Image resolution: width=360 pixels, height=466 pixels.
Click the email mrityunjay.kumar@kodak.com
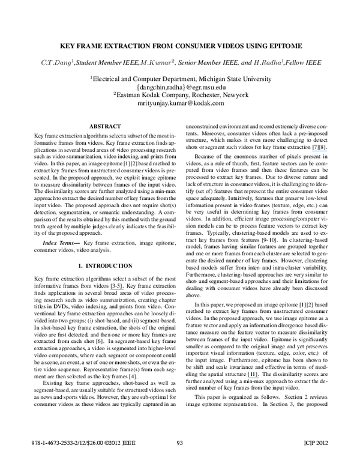181,103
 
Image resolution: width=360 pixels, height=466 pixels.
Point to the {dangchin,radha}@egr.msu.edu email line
181,86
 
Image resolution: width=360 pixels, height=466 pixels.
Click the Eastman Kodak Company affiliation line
181,95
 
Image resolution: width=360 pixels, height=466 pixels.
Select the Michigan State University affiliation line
181,77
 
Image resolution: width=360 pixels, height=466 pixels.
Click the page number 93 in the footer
179,460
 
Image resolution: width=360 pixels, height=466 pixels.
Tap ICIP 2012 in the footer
312,460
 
